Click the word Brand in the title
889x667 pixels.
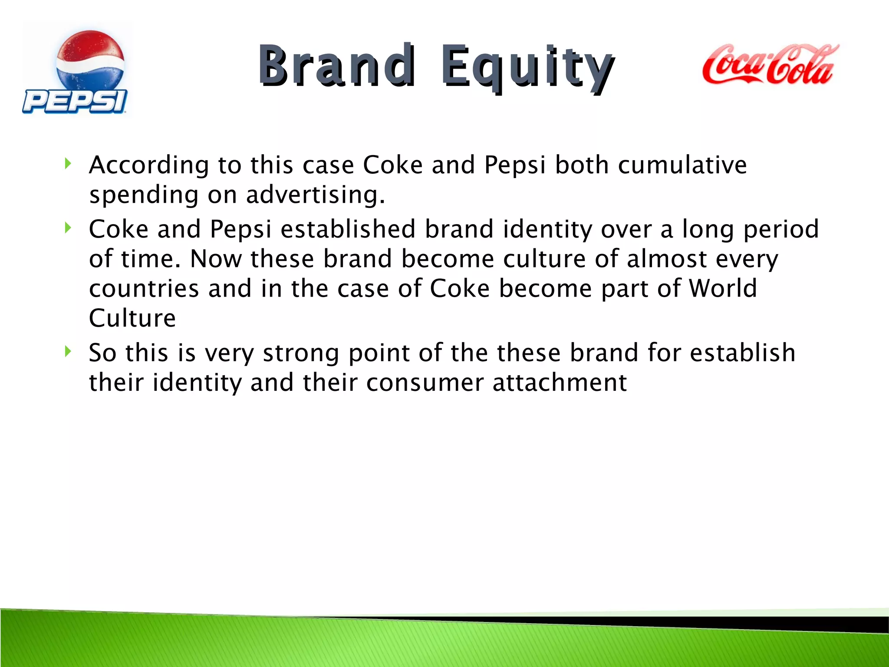336,66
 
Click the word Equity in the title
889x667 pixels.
527,67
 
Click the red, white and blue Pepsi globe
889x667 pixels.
90,61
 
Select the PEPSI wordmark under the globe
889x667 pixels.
75,102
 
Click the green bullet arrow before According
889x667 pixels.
67,164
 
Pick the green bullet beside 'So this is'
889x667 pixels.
67,351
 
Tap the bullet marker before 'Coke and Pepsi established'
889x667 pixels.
67,228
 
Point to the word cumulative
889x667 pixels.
682,165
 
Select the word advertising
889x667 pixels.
315,195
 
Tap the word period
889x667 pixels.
781,230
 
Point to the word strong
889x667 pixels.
301,353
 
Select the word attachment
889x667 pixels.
560,383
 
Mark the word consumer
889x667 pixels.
425,383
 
